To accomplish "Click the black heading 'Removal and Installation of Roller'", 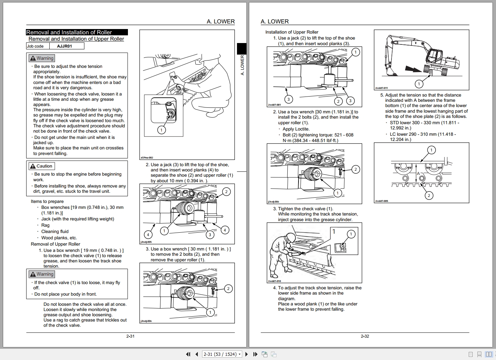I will (69, 32).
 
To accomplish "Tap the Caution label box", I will (41, 166).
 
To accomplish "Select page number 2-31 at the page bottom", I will (130, 336).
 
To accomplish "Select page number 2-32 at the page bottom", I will (365, 336).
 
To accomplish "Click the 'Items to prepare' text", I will (47, 202).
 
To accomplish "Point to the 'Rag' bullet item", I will (45, 225).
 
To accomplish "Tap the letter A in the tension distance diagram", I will (418, 174).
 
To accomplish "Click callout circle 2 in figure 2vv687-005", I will (429, 196).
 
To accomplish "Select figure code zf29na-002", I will (147, 158).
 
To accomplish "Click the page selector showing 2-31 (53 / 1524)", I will (222, 354).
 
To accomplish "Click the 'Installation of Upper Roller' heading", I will (292, 32).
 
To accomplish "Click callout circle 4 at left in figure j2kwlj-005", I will (148, 235).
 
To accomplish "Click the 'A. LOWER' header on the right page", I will (274, 22).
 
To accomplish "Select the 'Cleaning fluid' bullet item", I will (55, 232).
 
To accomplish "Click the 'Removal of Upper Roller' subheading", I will (55, 244).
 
